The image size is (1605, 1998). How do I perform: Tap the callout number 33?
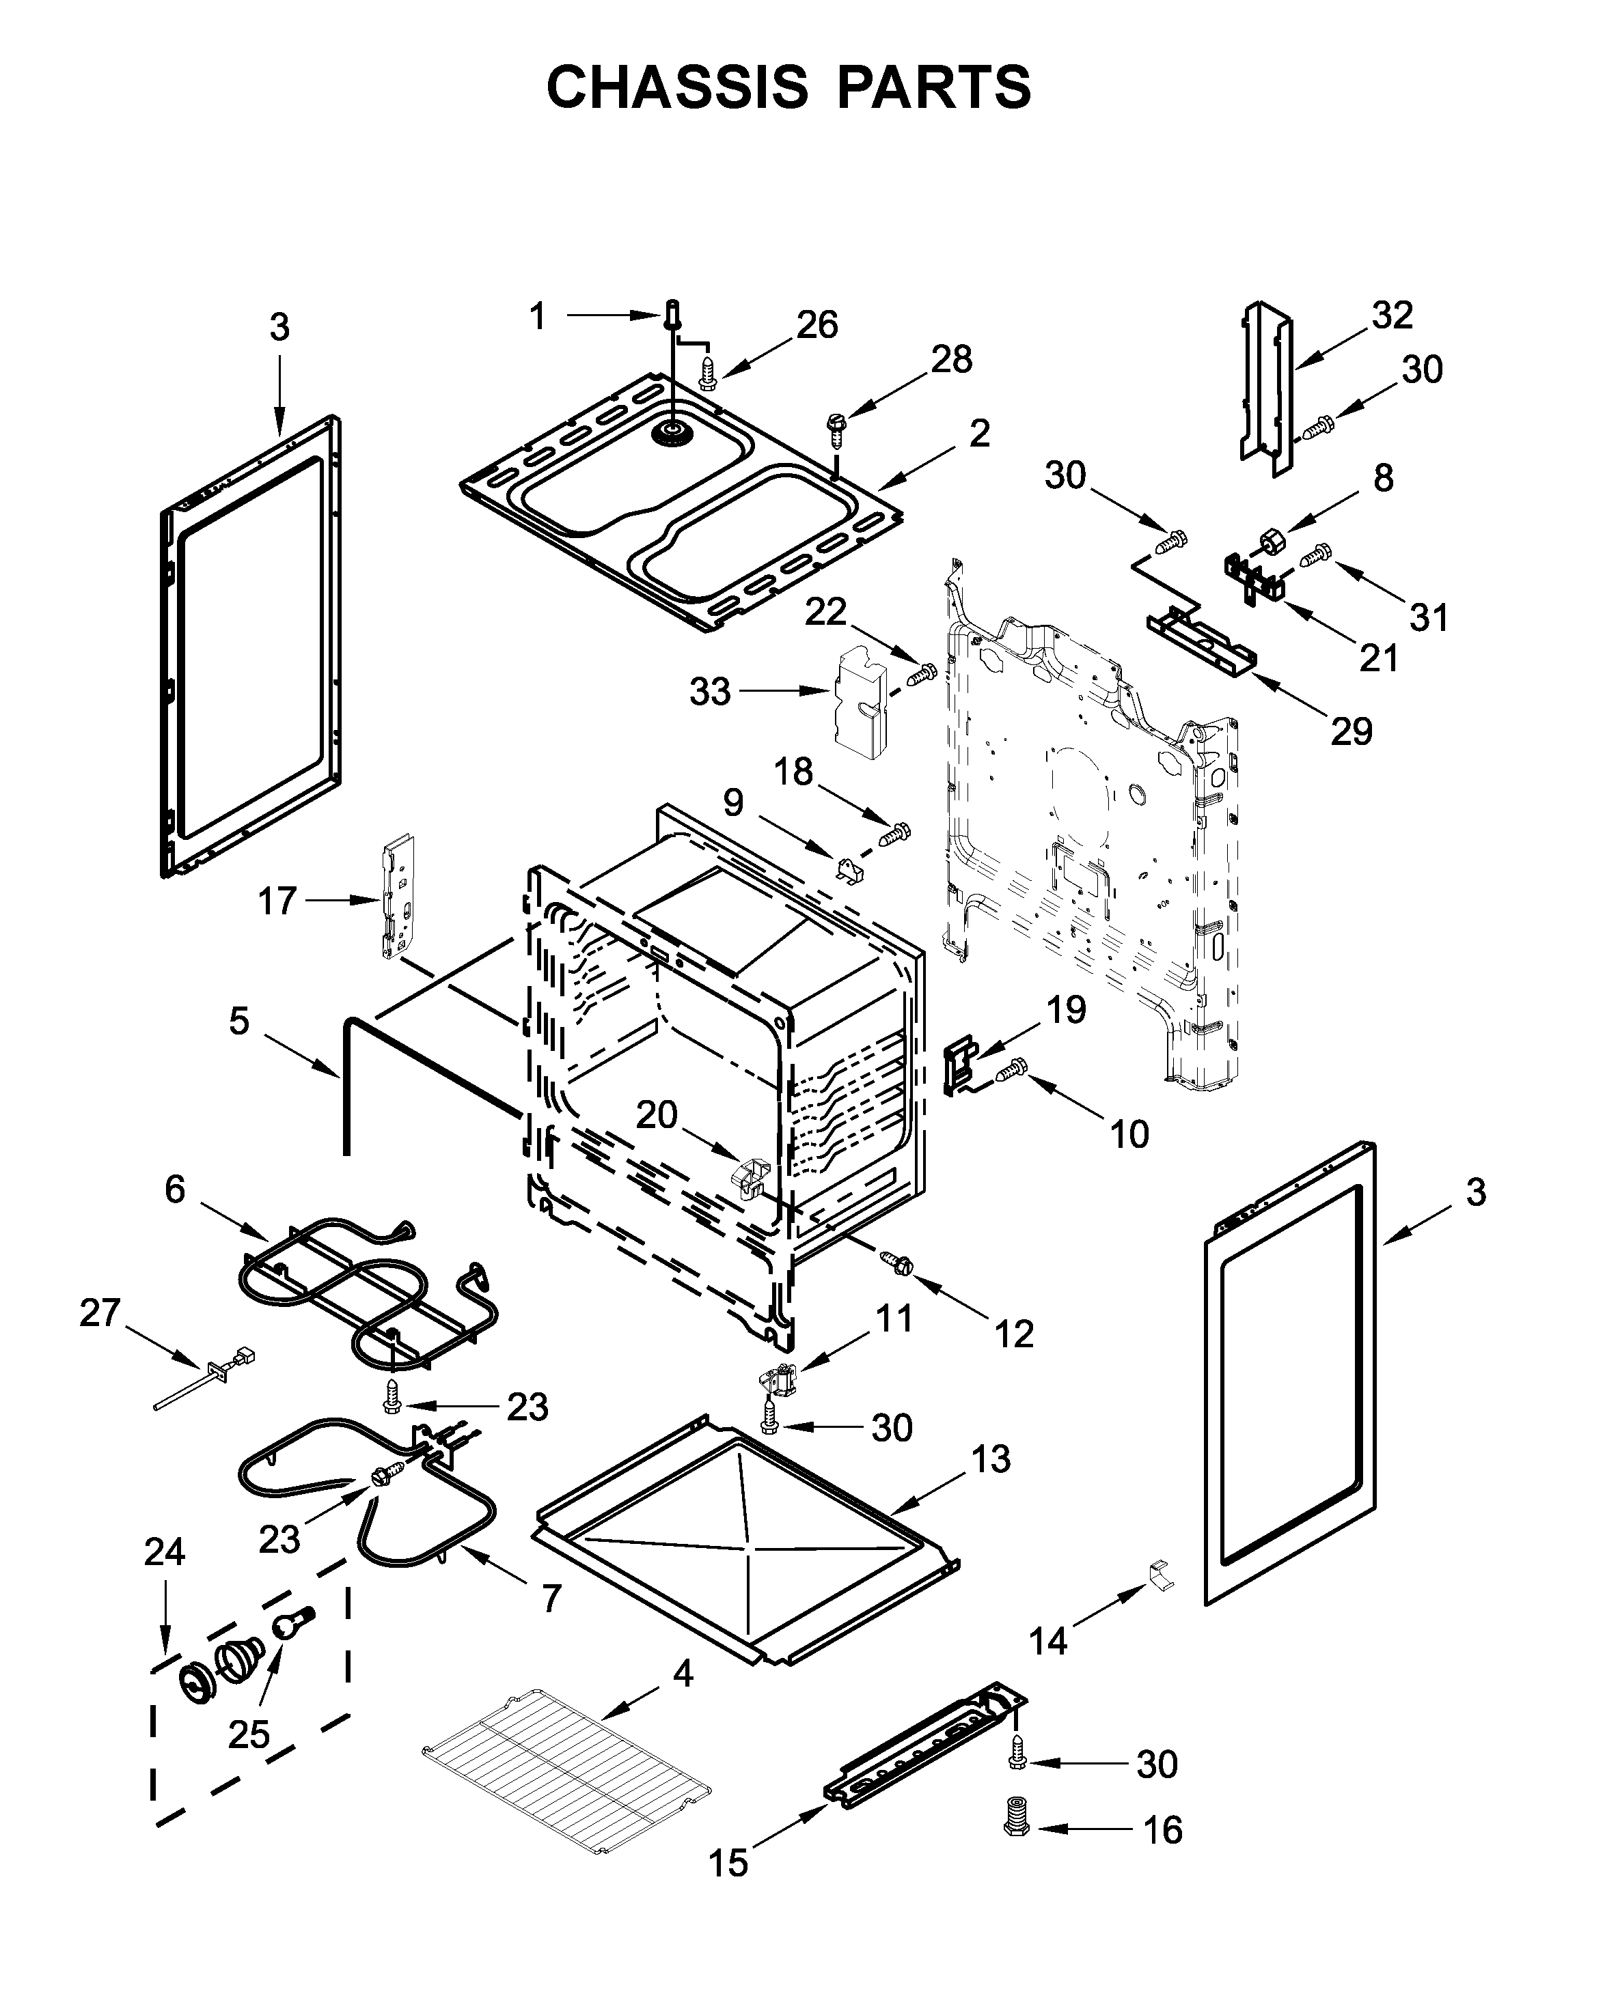709,692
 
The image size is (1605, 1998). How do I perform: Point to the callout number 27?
100,1313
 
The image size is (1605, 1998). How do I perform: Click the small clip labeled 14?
1161,1575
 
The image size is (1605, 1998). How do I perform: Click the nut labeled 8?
1268,540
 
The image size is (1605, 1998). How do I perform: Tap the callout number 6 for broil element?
175,1189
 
